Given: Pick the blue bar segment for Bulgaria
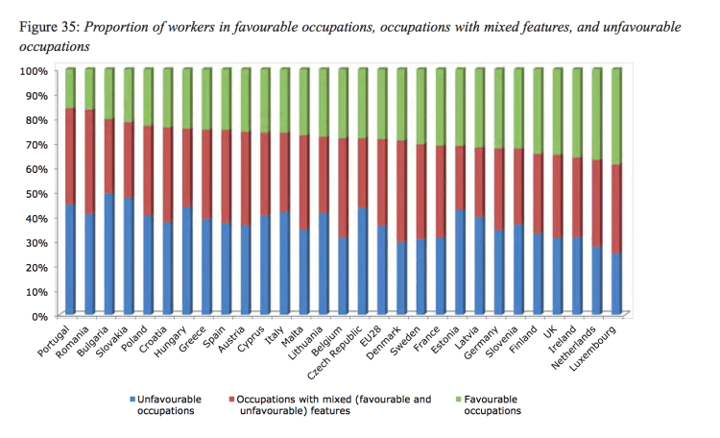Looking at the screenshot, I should pyautogui.click(x=111, y=254).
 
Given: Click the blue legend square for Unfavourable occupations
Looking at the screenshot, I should pyautogui.click(x=132, y=398).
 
